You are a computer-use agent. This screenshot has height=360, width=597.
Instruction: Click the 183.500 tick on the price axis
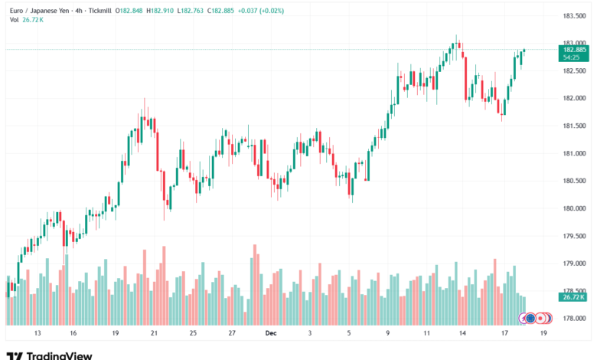[574, 15]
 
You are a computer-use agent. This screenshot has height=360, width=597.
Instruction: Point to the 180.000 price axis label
[574, 208]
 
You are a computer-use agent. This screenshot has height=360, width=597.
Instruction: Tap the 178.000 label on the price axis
[574, 319]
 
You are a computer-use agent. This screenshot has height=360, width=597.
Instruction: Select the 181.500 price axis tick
[574, 126]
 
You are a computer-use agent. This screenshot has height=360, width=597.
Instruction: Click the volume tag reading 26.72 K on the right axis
[573, 296]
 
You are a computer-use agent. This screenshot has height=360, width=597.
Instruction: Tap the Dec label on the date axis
[269, 333]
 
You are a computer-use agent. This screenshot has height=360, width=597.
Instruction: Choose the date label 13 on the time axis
[37, 333]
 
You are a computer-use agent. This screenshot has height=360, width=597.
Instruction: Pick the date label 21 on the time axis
[154, 333]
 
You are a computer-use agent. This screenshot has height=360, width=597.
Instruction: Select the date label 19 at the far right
[543, 333]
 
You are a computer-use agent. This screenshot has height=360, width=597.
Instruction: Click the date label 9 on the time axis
[388, 333]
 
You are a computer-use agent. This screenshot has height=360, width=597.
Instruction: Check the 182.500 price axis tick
[574, 70]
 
